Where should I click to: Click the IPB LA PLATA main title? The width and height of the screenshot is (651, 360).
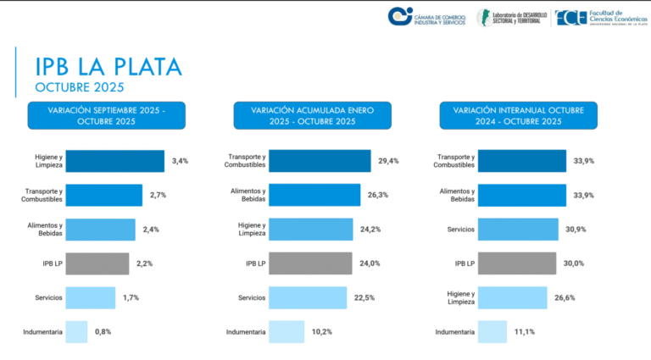click(108, 66)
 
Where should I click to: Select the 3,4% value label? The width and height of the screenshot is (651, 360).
click(180, 161)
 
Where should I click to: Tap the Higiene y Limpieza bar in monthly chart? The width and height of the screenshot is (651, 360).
click(114, 161)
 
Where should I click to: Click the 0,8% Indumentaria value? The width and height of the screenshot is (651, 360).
click(103, 331)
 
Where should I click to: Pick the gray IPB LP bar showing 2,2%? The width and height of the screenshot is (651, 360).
click(97, 263)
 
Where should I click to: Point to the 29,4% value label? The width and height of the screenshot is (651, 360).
click(389, 161)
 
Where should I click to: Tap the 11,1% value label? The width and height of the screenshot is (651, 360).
click(524, 331)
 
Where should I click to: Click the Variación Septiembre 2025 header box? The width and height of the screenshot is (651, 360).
click(106, 115)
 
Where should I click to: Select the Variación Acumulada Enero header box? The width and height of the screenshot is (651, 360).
click(313, 115)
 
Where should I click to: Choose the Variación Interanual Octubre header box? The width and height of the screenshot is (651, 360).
click(519, 115)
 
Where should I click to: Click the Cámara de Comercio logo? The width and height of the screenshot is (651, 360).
click(426, 16)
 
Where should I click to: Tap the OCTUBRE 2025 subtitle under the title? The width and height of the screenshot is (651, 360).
click(80, 87)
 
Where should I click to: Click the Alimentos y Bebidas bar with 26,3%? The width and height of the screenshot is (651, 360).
click(320, 195)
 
